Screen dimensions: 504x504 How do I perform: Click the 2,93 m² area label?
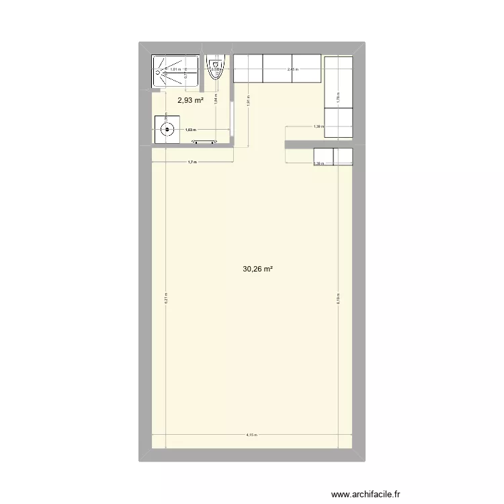click(x=190, y=101)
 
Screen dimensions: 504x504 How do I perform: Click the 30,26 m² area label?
click(x=258, y=269)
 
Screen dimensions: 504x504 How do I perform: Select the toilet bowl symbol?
click(x=215, y=70)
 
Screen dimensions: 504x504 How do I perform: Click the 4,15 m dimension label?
click(x=251, y=435)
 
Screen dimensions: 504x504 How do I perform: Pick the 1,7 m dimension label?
click(x=192, y=162)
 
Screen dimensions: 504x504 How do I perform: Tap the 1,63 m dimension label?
click(x=190, y=130)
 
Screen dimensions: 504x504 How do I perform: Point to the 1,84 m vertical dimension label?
click(x=215, y=97)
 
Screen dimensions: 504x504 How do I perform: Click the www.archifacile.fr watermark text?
click(x=365, y=494)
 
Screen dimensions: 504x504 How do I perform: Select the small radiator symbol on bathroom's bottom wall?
click(x=204, y=141)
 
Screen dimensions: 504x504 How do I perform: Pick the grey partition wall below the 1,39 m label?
click(x=319, y=144)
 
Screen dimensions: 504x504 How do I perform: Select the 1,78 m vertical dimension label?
click(x=339, y=95)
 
